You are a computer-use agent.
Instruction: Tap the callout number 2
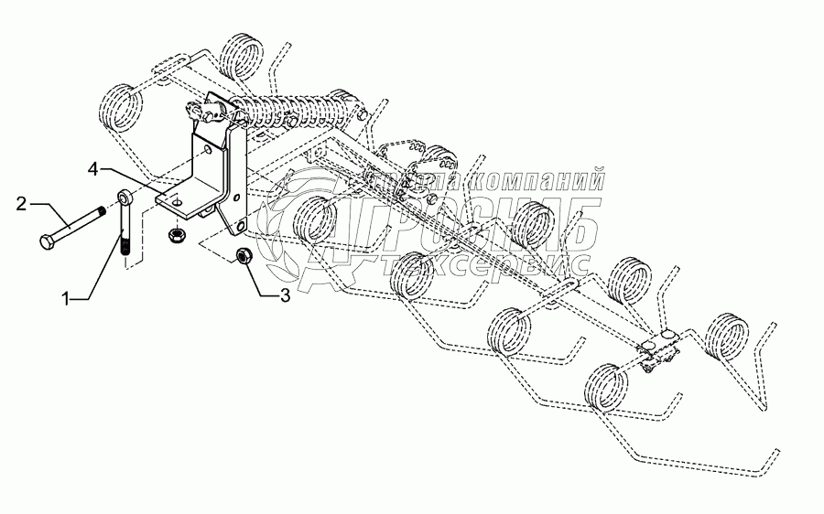20,204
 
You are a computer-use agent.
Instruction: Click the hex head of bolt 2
48,242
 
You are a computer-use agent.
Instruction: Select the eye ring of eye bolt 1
125,197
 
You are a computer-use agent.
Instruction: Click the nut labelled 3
245,255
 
